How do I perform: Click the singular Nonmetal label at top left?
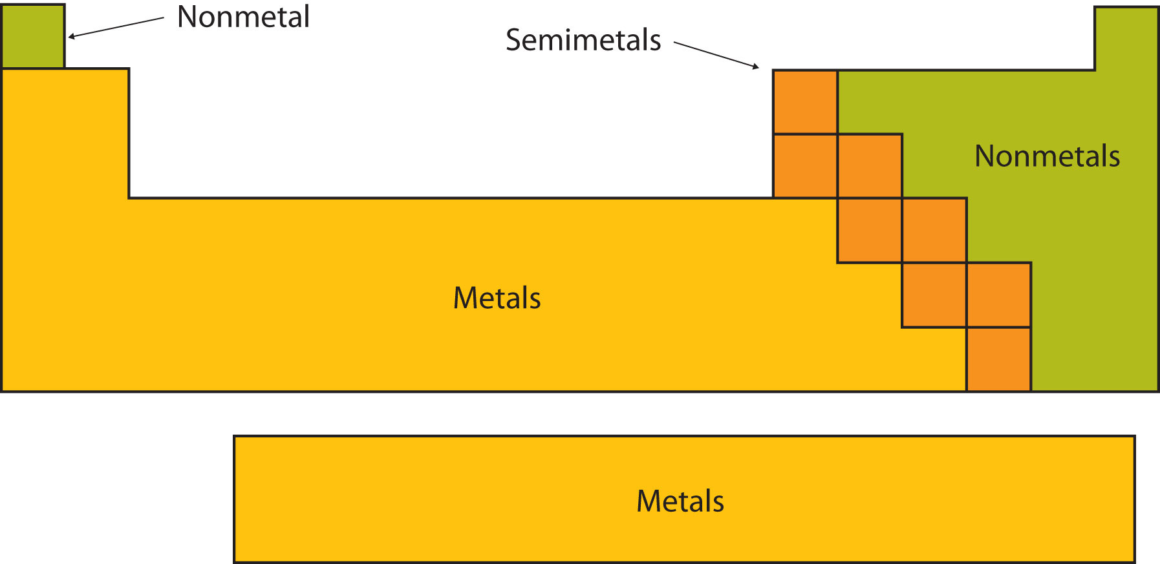[243, 17]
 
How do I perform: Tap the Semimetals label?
[583, 40]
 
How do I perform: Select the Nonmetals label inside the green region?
[1047, 156]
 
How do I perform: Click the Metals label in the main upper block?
[497, 298]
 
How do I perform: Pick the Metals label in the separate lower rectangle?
[680, 501]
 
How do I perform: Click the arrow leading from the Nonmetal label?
[116, 28]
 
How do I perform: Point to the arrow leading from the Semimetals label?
[716, 55]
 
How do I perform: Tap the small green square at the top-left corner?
[33, 36]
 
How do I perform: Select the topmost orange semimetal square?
[805, 102]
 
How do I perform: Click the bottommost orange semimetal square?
[998, 359]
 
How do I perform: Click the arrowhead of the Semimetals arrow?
[755, 66]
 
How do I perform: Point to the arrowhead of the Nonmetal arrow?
[72, 37]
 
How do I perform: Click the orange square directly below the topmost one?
[805, 166]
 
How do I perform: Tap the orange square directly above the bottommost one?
[998, 295]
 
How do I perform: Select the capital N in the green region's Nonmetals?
[984, 156]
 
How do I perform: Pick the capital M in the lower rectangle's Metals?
[648, 501]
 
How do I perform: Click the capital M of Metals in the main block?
[464, 298]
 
